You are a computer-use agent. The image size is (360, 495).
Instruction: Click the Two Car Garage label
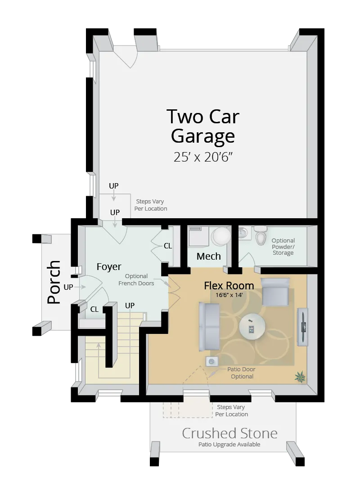click(x=203, y=126)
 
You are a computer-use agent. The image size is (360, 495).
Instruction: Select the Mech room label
click(x=209, y=256)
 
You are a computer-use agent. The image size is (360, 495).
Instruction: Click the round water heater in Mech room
click(x=221, y=236)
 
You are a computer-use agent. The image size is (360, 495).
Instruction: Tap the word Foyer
click(x=109, y=267)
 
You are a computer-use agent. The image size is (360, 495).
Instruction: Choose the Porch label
click(x=54, y=282)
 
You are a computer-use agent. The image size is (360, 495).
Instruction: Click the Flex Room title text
click(x=229, y=285)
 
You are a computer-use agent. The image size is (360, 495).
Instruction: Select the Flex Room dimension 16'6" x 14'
click(x=229, y=295)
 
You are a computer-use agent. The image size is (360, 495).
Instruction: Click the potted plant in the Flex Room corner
click(x=300, y=377)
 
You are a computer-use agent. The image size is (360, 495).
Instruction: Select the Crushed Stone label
click(x=229, y=433)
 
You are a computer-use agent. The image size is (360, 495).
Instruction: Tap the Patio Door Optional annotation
click(x=242, y=373)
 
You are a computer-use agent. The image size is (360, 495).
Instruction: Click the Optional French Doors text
click(x=136, y=279)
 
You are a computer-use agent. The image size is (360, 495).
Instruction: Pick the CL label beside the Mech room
click(x=168, y=246)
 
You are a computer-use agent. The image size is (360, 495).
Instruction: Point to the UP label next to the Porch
click(x=68, y=287)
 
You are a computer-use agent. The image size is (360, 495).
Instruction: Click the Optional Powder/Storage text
click(x=283, y=247)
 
